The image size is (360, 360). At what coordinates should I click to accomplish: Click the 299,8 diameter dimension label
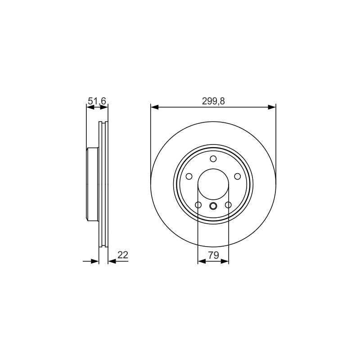click(213, 101)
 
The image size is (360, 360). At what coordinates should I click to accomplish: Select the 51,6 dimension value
click(97, 101)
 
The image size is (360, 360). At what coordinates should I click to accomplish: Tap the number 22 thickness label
click(122, 255)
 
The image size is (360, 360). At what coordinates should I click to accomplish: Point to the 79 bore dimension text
click(213, 255)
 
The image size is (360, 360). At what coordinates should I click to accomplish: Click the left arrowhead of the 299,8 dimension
click(154, 107)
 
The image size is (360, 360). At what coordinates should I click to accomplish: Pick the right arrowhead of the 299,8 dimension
click(272, 107)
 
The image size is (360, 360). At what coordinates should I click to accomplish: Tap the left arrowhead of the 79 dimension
click(202, 261)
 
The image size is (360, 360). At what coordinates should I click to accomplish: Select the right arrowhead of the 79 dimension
click(225, 261)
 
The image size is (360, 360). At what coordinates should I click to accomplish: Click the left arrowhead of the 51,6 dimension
click(90, 107)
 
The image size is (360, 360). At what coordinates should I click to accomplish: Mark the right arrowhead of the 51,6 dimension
click(104, 107)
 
